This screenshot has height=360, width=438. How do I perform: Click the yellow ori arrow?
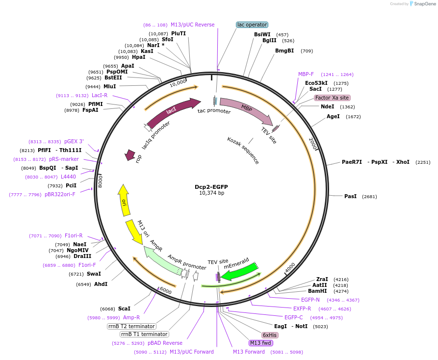(x=124, y=200)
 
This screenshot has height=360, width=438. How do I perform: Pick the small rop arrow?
(x=130, y=155)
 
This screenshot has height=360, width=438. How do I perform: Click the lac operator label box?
(x=252, y=25)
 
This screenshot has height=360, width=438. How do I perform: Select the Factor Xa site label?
(x=332, y=98)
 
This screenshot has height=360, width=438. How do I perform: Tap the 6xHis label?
(x=270, y=335)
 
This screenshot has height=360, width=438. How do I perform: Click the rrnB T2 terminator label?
(x=132, y=326)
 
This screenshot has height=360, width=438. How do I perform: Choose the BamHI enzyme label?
(x=317, y=291)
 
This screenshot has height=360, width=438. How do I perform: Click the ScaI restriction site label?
(x=124, y=309)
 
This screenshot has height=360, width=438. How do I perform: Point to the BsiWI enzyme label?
(x=262, y=34)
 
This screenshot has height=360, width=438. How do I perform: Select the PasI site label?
(x=350, y=196)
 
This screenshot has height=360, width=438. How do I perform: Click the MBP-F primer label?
(x=306, y=75)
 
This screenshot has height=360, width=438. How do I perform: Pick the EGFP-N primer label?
(x=310, y=300)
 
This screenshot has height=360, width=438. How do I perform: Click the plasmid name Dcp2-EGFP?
(x=211, y=187)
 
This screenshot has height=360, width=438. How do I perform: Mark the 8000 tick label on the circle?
(x=100, y=180)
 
